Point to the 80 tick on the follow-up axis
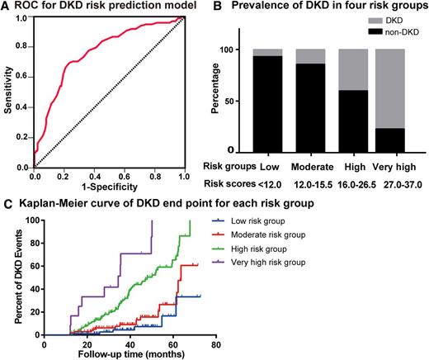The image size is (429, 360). [215, 342]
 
